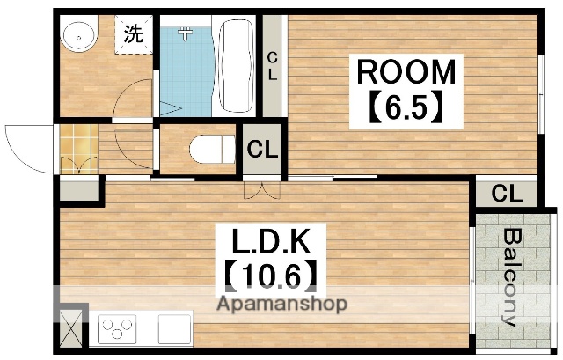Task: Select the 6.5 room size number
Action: [406, 110]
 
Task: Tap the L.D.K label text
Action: [266, 241]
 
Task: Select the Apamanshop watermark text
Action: [282, 305]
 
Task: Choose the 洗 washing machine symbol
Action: [134, 36]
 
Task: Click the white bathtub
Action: [238, 66]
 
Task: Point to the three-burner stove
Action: [118, 330]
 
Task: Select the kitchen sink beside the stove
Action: [176, 330]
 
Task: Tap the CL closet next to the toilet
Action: [262, 149]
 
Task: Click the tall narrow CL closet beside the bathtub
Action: [273, 66]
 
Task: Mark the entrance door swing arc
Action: [22, 145]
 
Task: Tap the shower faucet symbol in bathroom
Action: [186, 33]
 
